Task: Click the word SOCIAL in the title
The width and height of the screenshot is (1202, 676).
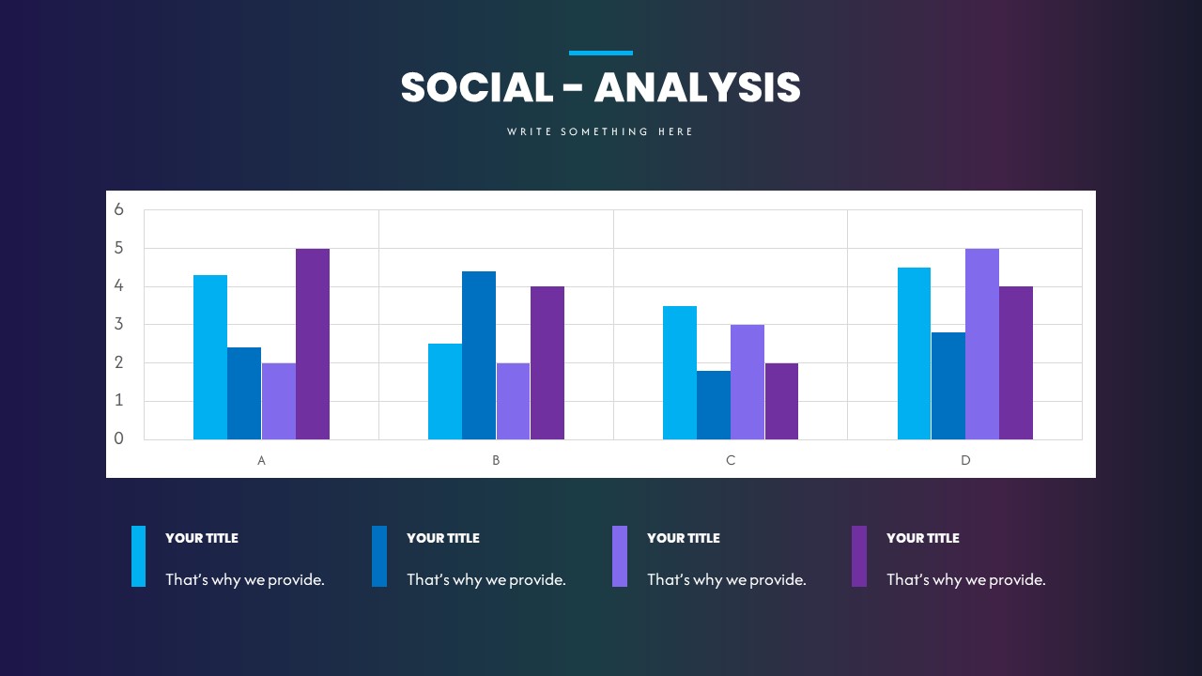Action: click(477, 88)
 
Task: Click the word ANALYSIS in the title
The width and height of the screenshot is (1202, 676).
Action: click(697, 88)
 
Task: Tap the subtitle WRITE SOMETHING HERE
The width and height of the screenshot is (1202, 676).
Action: click(600, 132)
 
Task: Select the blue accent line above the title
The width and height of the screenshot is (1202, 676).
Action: click(600, 54)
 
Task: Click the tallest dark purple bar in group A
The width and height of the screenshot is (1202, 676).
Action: click(313, 344)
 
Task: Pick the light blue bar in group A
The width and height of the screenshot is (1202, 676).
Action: click(210, 357)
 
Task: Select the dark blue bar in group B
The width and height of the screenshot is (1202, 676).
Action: click(479, 355)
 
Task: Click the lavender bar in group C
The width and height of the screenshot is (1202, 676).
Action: click(747, 382)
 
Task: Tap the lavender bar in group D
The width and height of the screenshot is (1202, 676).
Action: click(982, 344)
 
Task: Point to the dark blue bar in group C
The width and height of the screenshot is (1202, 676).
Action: click(714, 405)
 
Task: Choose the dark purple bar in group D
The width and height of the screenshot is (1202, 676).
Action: click(1016, 362)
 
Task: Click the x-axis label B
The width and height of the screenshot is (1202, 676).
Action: click(496, 461)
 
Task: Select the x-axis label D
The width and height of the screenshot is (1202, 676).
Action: click(965, 461)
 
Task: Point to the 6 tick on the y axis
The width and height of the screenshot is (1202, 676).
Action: click(119, 209)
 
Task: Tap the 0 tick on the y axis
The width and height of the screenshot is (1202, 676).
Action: click(119, 438)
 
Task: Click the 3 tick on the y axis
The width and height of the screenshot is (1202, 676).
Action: click(119, 324)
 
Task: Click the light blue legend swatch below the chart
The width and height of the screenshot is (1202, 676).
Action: click(139, 556)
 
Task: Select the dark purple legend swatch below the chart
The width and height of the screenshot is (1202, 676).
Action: click(859, 556)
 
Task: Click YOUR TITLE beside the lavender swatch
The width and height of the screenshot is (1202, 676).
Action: click(684, 538)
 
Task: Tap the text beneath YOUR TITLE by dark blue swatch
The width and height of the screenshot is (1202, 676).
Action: click(486, 579)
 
